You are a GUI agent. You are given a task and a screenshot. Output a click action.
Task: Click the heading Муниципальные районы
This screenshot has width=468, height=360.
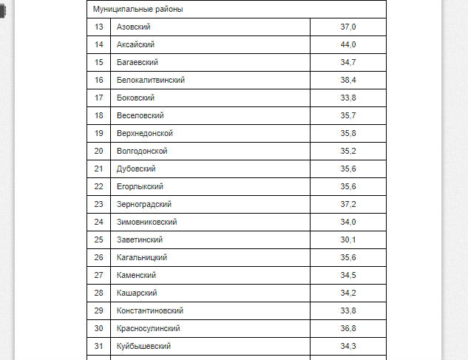click(138, 10)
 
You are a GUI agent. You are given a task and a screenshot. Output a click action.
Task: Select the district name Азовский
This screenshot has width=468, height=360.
click(134, 27)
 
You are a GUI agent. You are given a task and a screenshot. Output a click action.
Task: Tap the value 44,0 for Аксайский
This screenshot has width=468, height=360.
click(348, 45)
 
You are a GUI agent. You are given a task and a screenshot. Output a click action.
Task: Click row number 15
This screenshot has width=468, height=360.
click(99, 63)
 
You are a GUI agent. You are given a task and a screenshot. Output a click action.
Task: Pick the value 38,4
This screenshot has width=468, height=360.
click(348, 81)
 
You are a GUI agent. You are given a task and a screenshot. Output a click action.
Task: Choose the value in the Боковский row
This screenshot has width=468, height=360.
click(348, 98)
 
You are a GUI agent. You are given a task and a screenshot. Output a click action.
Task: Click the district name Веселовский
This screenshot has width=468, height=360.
click(140, 116)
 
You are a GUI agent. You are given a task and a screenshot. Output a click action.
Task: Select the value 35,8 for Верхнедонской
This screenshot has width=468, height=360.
click(348, 134)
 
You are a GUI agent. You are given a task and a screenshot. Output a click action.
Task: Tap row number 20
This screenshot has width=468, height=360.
click(99, 152)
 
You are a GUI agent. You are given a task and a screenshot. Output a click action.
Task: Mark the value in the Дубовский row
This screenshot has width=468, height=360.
click(348, 169)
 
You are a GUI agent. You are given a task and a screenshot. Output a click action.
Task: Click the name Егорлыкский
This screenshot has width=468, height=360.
click(140, 187)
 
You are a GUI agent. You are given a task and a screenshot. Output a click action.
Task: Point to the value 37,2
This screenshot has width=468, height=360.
click(348, 205)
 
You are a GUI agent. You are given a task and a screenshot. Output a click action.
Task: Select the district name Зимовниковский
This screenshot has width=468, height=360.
click(147, 223)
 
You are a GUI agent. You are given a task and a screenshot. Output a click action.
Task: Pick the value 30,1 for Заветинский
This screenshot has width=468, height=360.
click(348, 240)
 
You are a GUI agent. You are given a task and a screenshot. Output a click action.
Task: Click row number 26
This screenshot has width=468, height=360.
click(99, 258)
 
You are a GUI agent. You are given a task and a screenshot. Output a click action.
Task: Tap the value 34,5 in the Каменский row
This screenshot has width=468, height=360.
click(348, 276)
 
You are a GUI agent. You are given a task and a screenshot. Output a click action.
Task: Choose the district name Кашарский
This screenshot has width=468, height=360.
click(137, 293)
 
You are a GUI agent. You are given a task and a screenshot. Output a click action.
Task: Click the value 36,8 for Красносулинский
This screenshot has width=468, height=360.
click(348, 329)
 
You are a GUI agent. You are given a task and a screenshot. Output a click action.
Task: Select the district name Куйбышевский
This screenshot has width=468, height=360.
click(144, 347)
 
